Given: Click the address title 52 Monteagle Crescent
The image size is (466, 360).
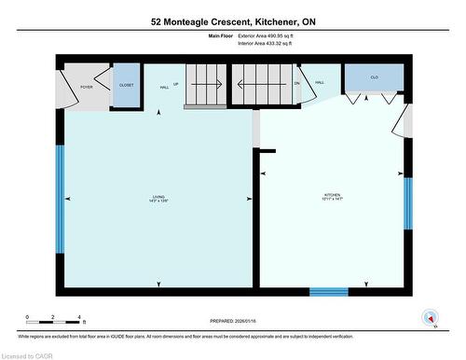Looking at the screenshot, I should pos(233,21).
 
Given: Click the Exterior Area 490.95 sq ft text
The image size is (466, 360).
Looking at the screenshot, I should pos(272,35).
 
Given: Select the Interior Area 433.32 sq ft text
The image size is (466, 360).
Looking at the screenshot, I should pos(272,43).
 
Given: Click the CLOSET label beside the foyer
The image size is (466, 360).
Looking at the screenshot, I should pos(126,85).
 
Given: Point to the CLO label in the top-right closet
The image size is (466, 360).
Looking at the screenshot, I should pos(374,77).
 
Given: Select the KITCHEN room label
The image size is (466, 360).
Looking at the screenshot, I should pos(333,197).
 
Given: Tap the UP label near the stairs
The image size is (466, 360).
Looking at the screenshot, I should pos(176,83).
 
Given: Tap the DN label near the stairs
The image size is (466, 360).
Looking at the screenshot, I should pos(297,83).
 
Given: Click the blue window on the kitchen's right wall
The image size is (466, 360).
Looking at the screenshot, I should pos(407,203).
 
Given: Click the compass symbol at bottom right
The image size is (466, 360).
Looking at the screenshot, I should pos(429,317).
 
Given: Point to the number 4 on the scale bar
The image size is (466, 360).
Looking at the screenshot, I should pos(80,317).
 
